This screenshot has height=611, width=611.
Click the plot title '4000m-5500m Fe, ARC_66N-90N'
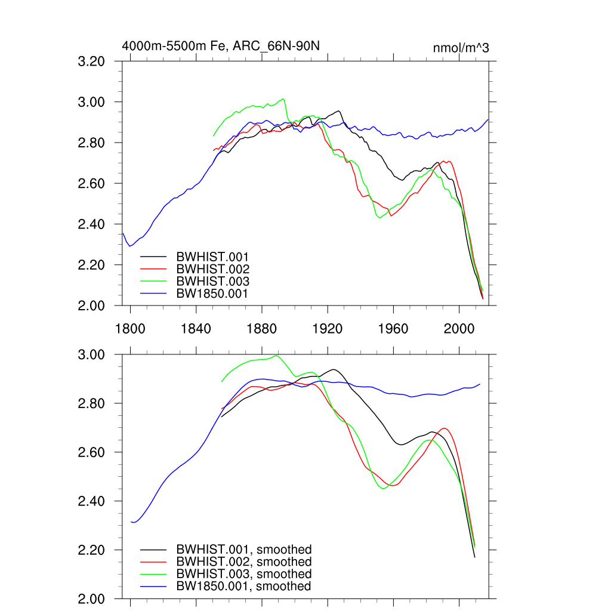click(224, 46)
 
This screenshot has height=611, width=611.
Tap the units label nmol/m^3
click(461, 48)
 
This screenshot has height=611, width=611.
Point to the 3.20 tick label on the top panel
click(91, 61)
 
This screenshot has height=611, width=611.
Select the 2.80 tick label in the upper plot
click(91, 143)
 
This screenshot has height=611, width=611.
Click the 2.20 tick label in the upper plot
click(91, 265)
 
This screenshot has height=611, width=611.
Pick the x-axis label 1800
click(130, 329)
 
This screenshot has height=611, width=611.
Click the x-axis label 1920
click(328, 329)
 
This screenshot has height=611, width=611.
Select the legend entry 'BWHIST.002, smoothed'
click(243, 562)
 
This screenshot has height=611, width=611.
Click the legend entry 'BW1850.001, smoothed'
click(243, 587)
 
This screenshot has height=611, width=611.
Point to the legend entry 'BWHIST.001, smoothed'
click(243, 550)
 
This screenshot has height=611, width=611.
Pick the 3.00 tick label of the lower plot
click(91, 355)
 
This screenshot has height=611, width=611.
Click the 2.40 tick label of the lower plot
click(91, 501)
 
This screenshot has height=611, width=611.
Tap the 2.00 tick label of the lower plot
click(91, 598)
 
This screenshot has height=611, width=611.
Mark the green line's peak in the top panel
click(283, 99)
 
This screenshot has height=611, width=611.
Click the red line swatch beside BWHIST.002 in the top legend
click(153, 269)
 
